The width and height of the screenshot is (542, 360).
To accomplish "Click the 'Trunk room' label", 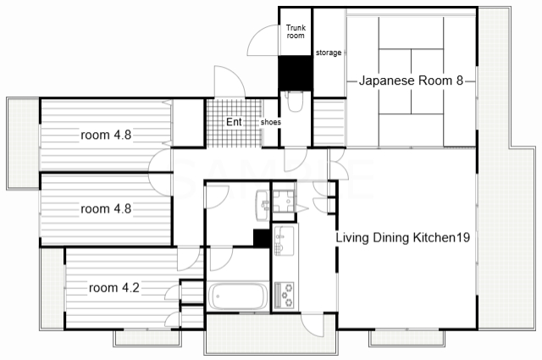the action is pyautogui.click(x=296, y=31).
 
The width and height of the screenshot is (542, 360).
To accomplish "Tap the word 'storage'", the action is pyautogui.click(x=329, y=53).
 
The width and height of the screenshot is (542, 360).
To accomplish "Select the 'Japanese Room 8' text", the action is pyautogui.click(x=411, y=80).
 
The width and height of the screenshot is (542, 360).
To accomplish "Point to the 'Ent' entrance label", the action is pyautogui.click(x=234, y=122).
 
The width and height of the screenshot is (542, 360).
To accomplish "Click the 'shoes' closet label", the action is pyautogui.click(x=271, y=122).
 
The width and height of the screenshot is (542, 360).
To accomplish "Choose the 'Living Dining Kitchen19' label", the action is pyautogui.click(x=403, y=237).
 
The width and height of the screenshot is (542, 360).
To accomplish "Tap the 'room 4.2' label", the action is pyautogui.click(x=114, y=288).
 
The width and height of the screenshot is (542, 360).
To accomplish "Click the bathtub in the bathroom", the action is pyautogui.click(x=238, y=296).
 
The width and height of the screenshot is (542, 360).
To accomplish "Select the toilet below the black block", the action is pyautogui.click(x=295, y=102).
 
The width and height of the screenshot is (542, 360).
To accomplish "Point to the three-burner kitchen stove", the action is pyautogui.click(x=285, y=295).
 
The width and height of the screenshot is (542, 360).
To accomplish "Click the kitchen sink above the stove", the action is pyautogui.click(x=285, y=241).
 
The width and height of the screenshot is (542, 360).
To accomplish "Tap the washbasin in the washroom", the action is pyautogui.click(x=263, y=205).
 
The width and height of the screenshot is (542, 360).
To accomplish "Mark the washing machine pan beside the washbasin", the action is pyautogui.click(x=284, y=201).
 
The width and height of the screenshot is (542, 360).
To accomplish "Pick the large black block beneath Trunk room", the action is pyautogui.click(x=296, y=74).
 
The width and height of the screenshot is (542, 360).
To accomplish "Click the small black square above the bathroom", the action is pyautogui.click(x=262, y=238).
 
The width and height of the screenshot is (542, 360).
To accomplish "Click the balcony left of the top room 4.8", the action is pyautogui.click(x=23, y=143).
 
